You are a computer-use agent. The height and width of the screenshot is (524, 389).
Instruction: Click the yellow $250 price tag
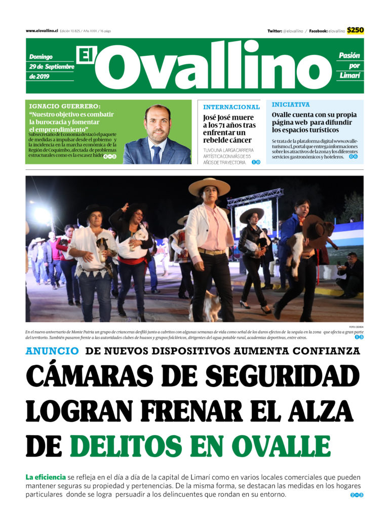355,30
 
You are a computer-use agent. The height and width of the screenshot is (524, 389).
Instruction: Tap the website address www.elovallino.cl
42,31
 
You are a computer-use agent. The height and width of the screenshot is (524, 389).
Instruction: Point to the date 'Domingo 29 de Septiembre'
51,62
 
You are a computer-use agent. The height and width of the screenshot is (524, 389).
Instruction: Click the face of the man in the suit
157,123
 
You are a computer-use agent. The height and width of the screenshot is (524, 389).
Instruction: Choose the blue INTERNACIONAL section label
231,107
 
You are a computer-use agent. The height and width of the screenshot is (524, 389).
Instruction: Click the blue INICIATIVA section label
290,104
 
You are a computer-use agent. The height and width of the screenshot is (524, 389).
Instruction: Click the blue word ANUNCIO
52,351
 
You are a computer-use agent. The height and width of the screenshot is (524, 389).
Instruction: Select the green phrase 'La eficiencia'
46,477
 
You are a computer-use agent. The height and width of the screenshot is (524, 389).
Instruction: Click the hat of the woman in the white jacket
209,186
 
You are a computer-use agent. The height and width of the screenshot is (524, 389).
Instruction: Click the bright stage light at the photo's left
42,216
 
